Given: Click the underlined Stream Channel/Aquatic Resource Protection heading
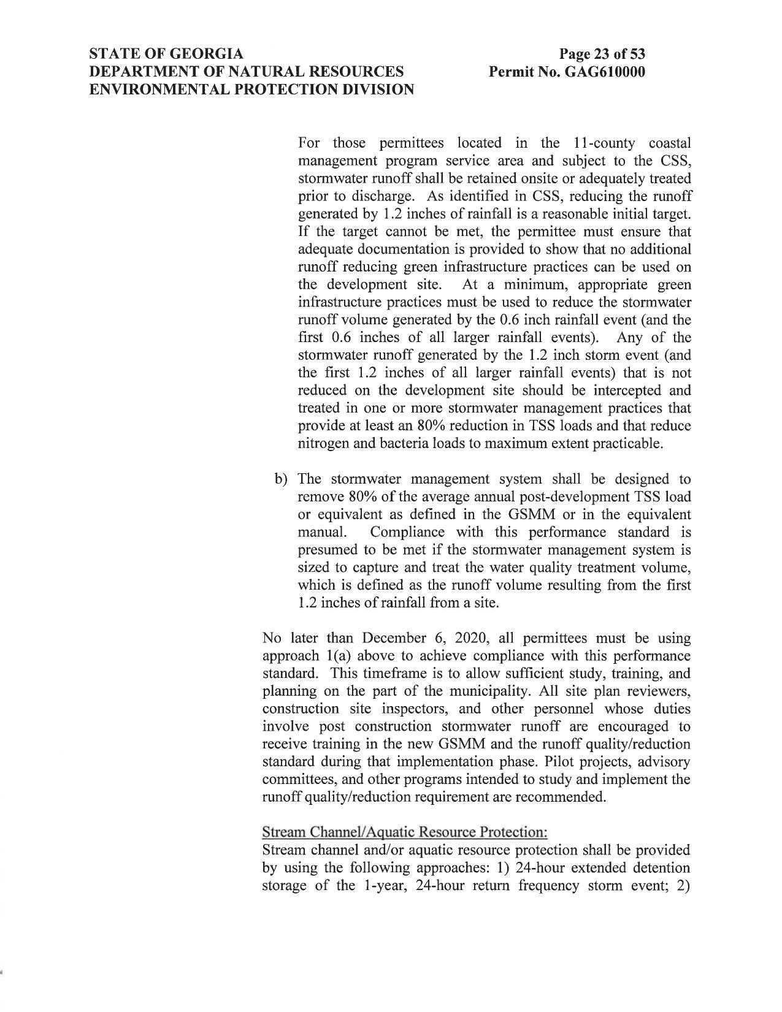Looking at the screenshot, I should point(404,832).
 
